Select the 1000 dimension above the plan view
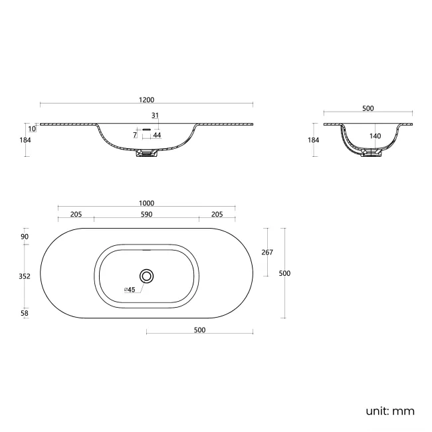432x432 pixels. tap(147, 203)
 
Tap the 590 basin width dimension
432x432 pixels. tap(147, 214)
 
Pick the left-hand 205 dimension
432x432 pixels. tap(75, 214)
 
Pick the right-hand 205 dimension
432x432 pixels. tap(217, 214)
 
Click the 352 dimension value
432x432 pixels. tap(25, 278)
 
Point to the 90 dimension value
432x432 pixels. tap(25, 237)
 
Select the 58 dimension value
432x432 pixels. tap(25, 312)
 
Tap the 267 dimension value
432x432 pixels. tap(267, 252)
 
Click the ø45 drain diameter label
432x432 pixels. tap(130, 289)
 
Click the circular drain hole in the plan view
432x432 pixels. tap(147, 275)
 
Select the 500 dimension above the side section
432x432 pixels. tap(368, 108)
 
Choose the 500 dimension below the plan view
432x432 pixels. tap(199, 330)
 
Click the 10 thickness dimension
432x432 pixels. tap(31, 128)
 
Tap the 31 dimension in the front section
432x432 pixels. tap(155, 115)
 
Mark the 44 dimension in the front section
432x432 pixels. tap(157, 135)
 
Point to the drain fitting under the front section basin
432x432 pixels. tap(146, 154)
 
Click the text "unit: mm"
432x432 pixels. tap(389, 411)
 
